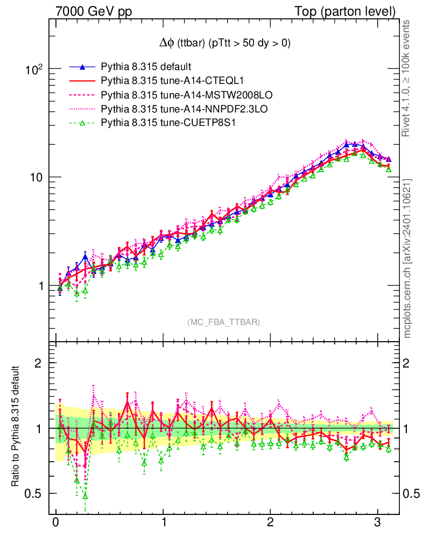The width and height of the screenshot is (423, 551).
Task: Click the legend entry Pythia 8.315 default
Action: pos(146,67)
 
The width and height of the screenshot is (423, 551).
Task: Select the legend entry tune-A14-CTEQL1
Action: pos(172,81)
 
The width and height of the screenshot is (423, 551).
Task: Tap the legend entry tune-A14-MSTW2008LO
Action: pos(186,95)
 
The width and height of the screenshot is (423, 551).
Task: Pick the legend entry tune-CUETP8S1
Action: pos(168,123)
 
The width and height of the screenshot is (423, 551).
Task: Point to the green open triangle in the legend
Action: pos(82,123)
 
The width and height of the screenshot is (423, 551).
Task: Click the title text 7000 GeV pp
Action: pos(94,11)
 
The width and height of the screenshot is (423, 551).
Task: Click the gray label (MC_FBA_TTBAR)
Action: pos(224,322)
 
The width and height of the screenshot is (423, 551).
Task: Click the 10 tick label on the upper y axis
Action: pos(36,178)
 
